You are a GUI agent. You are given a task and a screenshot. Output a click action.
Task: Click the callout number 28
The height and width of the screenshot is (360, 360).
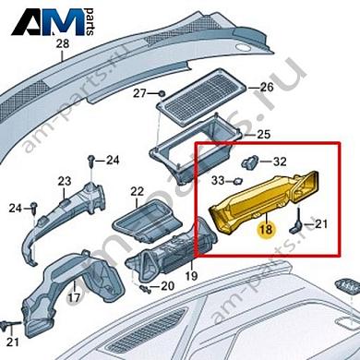pyautogui.click(x=62, y=44)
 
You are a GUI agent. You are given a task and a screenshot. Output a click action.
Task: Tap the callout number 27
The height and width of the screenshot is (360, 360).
pyautogui.click(x=139, y=93)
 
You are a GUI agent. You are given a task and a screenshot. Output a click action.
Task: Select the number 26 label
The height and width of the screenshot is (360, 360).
pyautogui.click(x=267, y=88)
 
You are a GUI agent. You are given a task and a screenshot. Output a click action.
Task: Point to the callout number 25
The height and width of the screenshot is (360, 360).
pyautogui.click(x=263, y=136)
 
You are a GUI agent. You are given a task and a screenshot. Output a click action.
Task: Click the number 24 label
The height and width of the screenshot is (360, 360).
pyautogui.click(x=112, y=160)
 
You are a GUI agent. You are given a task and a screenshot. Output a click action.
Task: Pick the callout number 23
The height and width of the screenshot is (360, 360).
pyautogui.click(x=65, y=180)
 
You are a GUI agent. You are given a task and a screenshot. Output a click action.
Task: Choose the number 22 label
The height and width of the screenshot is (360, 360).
pyautogui.click(x=137, y=192)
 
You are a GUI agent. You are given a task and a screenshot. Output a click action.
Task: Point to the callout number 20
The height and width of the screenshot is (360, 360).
pyautogui.click(x=167, y=285)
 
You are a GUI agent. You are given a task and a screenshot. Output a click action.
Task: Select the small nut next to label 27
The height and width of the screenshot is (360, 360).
pyautogui.click(x=161, y=93)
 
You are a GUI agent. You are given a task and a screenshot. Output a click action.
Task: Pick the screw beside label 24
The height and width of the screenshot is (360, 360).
pyautogui.click(x=93, y=162)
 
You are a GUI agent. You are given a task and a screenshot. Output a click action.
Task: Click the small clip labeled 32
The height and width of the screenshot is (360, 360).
pyautogui.click(x=251, y=162)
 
